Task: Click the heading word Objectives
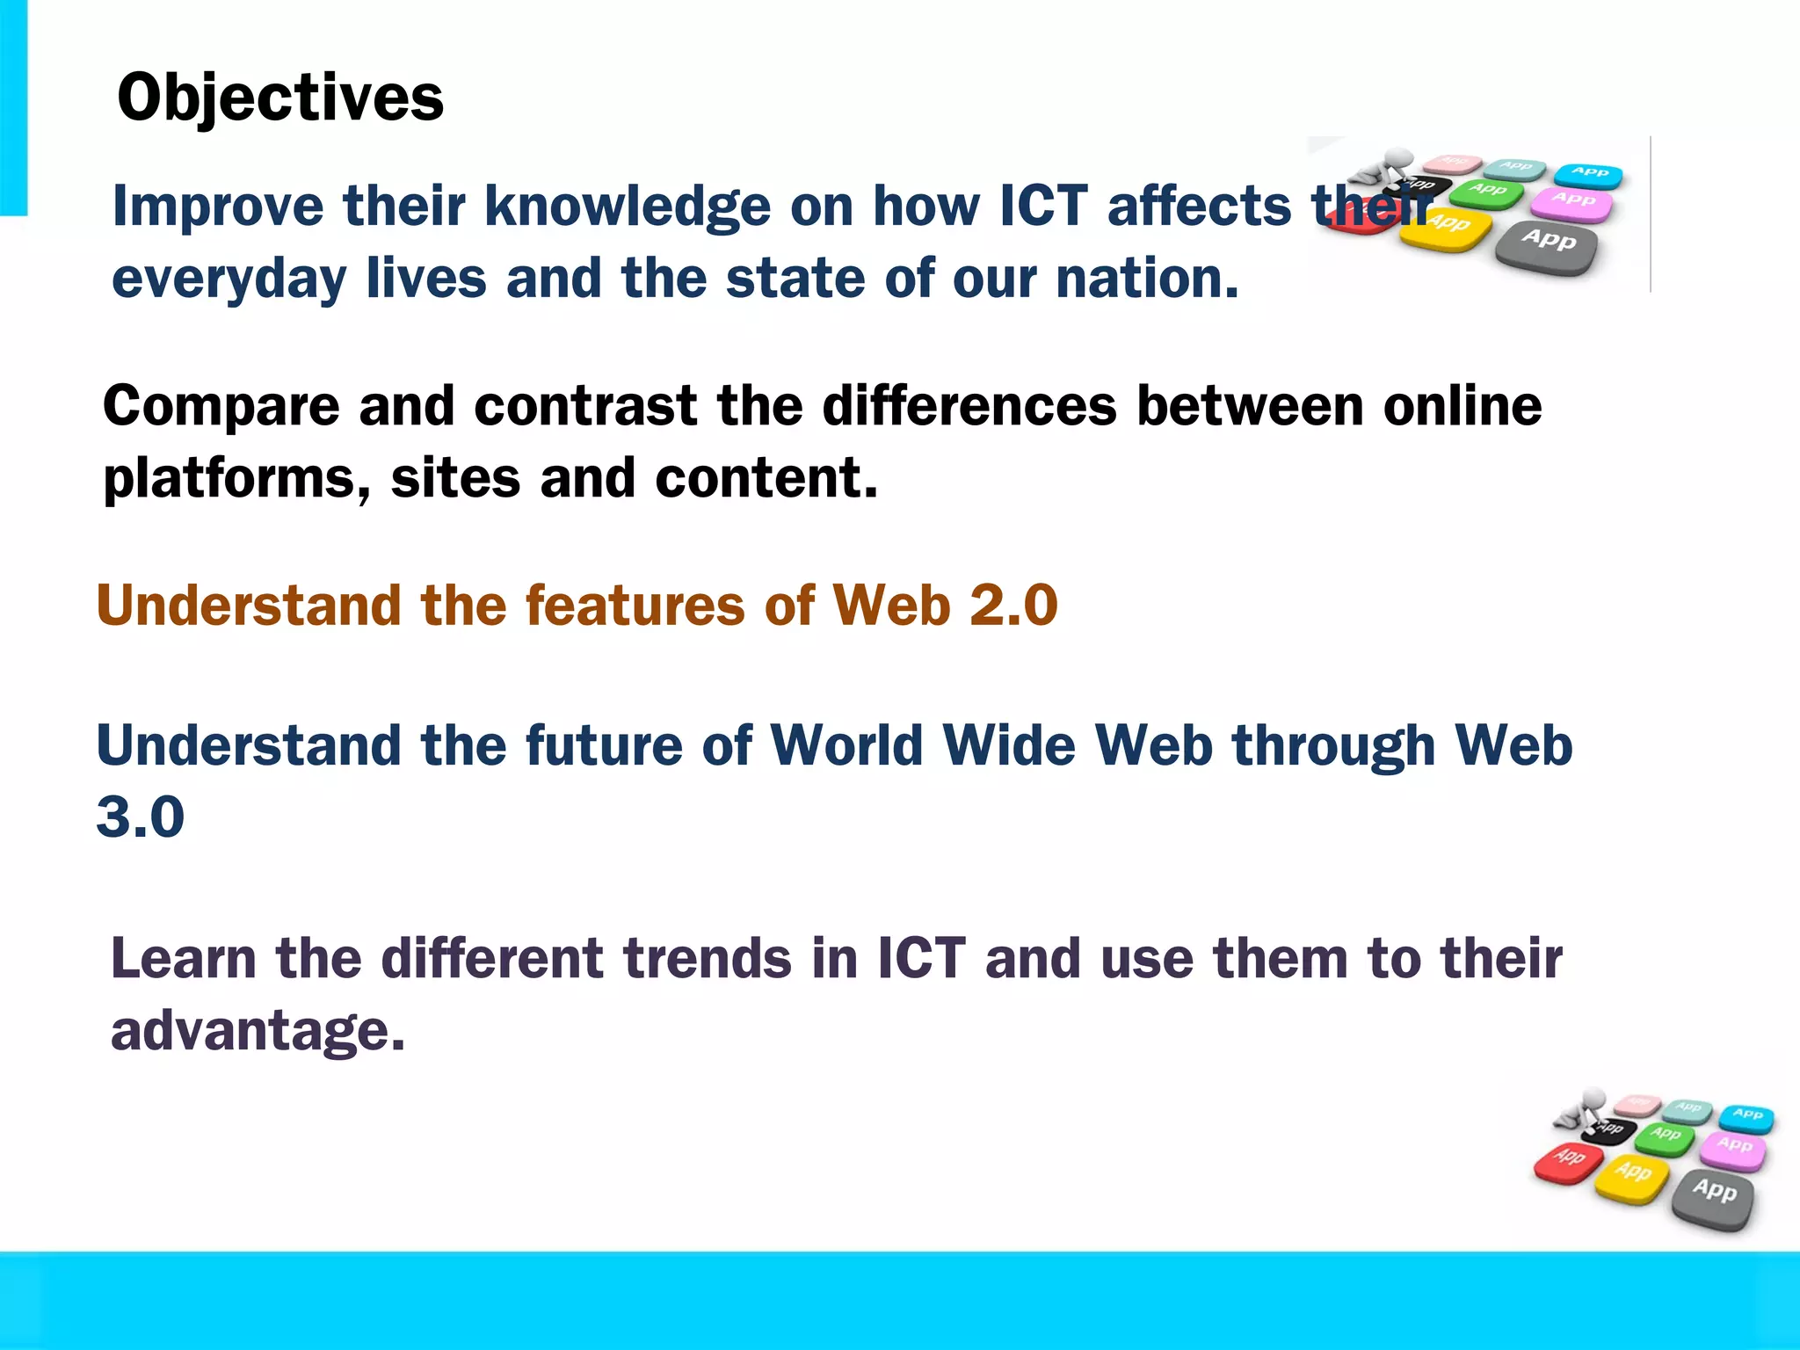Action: tap(280, 98)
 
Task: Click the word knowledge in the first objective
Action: tap(628, 207)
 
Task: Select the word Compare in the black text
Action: tap(221, 407)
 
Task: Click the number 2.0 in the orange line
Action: tap(1013, 606)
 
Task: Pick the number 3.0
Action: tap(141, 817)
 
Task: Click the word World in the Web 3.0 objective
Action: tap(846, 746)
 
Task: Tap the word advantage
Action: tap(257, 1031)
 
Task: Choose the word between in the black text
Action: tap(1249, 407)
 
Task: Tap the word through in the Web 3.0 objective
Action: tap(1333, 746)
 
